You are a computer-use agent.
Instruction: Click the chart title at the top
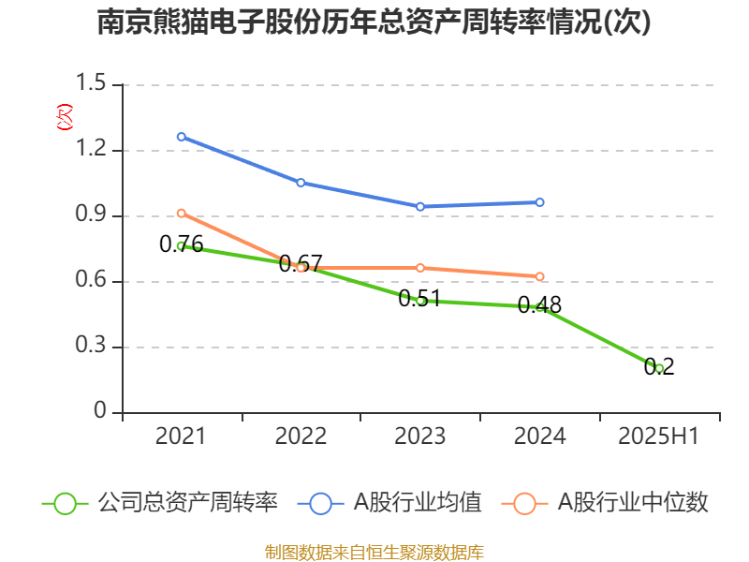(374, 22)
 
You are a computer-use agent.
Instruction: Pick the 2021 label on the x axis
(181, 436)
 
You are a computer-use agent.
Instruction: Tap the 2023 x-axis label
(420, 436)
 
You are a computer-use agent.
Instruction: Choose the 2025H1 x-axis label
(659, 436)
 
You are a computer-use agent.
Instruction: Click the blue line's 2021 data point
(182, 137)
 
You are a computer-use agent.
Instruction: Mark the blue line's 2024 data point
(540, 202)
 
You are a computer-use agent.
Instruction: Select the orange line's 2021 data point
(182, 213)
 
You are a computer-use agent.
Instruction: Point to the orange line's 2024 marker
(540, 276)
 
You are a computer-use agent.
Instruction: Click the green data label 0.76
(181, 244)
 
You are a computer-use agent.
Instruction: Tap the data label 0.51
(419, 299)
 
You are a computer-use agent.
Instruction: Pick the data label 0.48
(539, 304)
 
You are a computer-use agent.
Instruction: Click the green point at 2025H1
(660, 368)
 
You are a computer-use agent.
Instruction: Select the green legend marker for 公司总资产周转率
(65, 503)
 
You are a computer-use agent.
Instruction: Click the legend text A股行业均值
(417, 503)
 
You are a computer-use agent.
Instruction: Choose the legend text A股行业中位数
(633, 503)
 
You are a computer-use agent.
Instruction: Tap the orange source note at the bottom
(374, 552)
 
